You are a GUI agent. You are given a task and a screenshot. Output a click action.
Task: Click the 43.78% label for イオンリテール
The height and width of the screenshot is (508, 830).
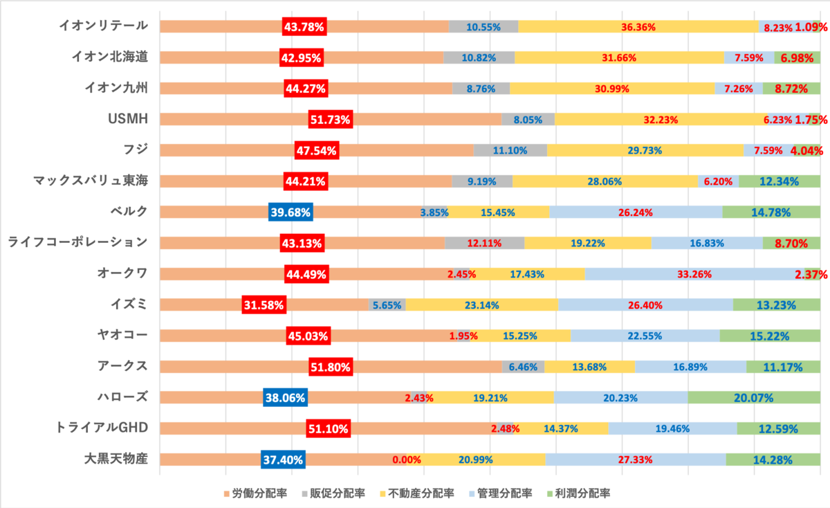click(304, 27)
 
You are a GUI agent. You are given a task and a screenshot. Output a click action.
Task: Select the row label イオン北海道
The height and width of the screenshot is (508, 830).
click(110, 57)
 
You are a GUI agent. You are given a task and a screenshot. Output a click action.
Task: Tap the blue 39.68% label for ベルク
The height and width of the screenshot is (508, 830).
click(290, 212)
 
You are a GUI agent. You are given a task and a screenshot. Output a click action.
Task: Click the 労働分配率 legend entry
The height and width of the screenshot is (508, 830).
click(255, 493)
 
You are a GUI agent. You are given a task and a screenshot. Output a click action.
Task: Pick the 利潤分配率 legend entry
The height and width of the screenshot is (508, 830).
click(578, 493)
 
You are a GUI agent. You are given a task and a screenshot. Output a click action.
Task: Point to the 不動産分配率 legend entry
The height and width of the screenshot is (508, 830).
click(417, 493)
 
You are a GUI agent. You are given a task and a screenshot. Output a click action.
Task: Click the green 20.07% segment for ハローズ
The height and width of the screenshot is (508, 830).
click(754, 397)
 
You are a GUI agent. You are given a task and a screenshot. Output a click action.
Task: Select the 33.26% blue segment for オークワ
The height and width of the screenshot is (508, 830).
click(694, 274)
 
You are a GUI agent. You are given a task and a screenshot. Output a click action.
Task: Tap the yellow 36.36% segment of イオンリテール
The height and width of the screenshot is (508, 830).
click(638, 27)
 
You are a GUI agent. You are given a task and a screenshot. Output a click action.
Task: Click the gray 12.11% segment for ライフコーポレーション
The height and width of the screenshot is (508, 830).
click(485, 243)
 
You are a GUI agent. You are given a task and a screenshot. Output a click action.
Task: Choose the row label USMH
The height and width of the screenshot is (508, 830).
click(128, 119)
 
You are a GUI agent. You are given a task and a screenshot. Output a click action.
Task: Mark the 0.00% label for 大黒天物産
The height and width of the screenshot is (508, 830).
click(407, 460)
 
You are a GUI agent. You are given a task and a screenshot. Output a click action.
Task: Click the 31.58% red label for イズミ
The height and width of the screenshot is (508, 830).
click(264, 305)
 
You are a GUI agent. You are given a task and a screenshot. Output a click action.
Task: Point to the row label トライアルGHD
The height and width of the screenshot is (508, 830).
click(102, 428)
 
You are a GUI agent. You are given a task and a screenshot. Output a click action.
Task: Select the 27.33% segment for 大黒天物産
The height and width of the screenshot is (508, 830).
click(636, 460)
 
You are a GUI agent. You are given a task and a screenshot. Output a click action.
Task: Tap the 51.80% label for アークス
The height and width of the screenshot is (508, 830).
click(331, 367)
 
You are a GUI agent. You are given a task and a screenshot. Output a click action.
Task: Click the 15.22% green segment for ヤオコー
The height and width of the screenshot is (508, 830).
click(770, 336)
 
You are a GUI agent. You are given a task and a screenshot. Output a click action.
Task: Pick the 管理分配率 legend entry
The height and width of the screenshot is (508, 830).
click(501, 493)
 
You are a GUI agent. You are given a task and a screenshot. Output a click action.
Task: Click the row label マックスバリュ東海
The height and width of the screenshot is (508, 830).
click(91, 181)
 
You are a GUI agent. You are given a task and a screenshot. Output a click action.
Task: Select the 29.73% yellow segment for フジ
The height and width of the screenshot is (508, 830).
click(645, 150)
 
